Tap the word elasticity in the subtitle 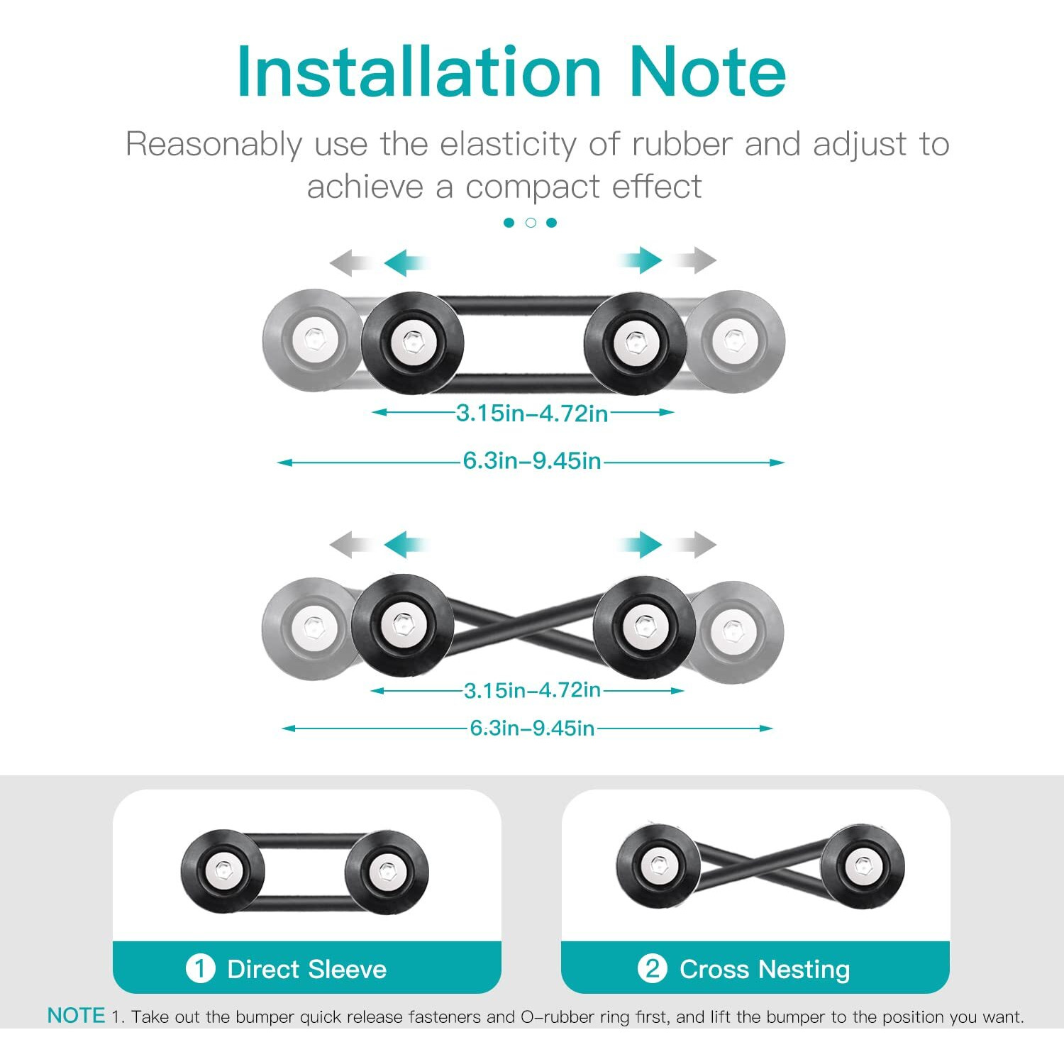point(508,144)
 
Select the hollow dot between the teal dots point(531,223)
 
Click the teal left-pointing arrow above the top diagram point(406,262)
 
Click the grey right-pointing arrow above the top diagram point(695,260)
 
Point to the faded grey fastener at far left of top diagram point(312,339)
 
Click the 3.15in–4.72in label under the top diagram point(532,413)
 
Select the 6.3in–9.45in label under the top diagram point(532,461)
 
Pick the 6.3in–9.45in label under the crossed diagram point(532,728)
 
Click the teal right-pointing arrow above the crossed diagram point(641,545)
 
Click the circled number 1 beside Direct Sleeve point(200,968)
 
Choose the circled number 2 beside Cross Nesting point(652,968)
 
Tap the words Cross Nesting point(765,969)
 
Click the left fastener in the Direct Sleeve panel point(223,871)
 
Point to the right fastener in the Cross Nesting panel point(863,866)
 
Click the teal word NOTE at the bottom point(76,1016)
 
